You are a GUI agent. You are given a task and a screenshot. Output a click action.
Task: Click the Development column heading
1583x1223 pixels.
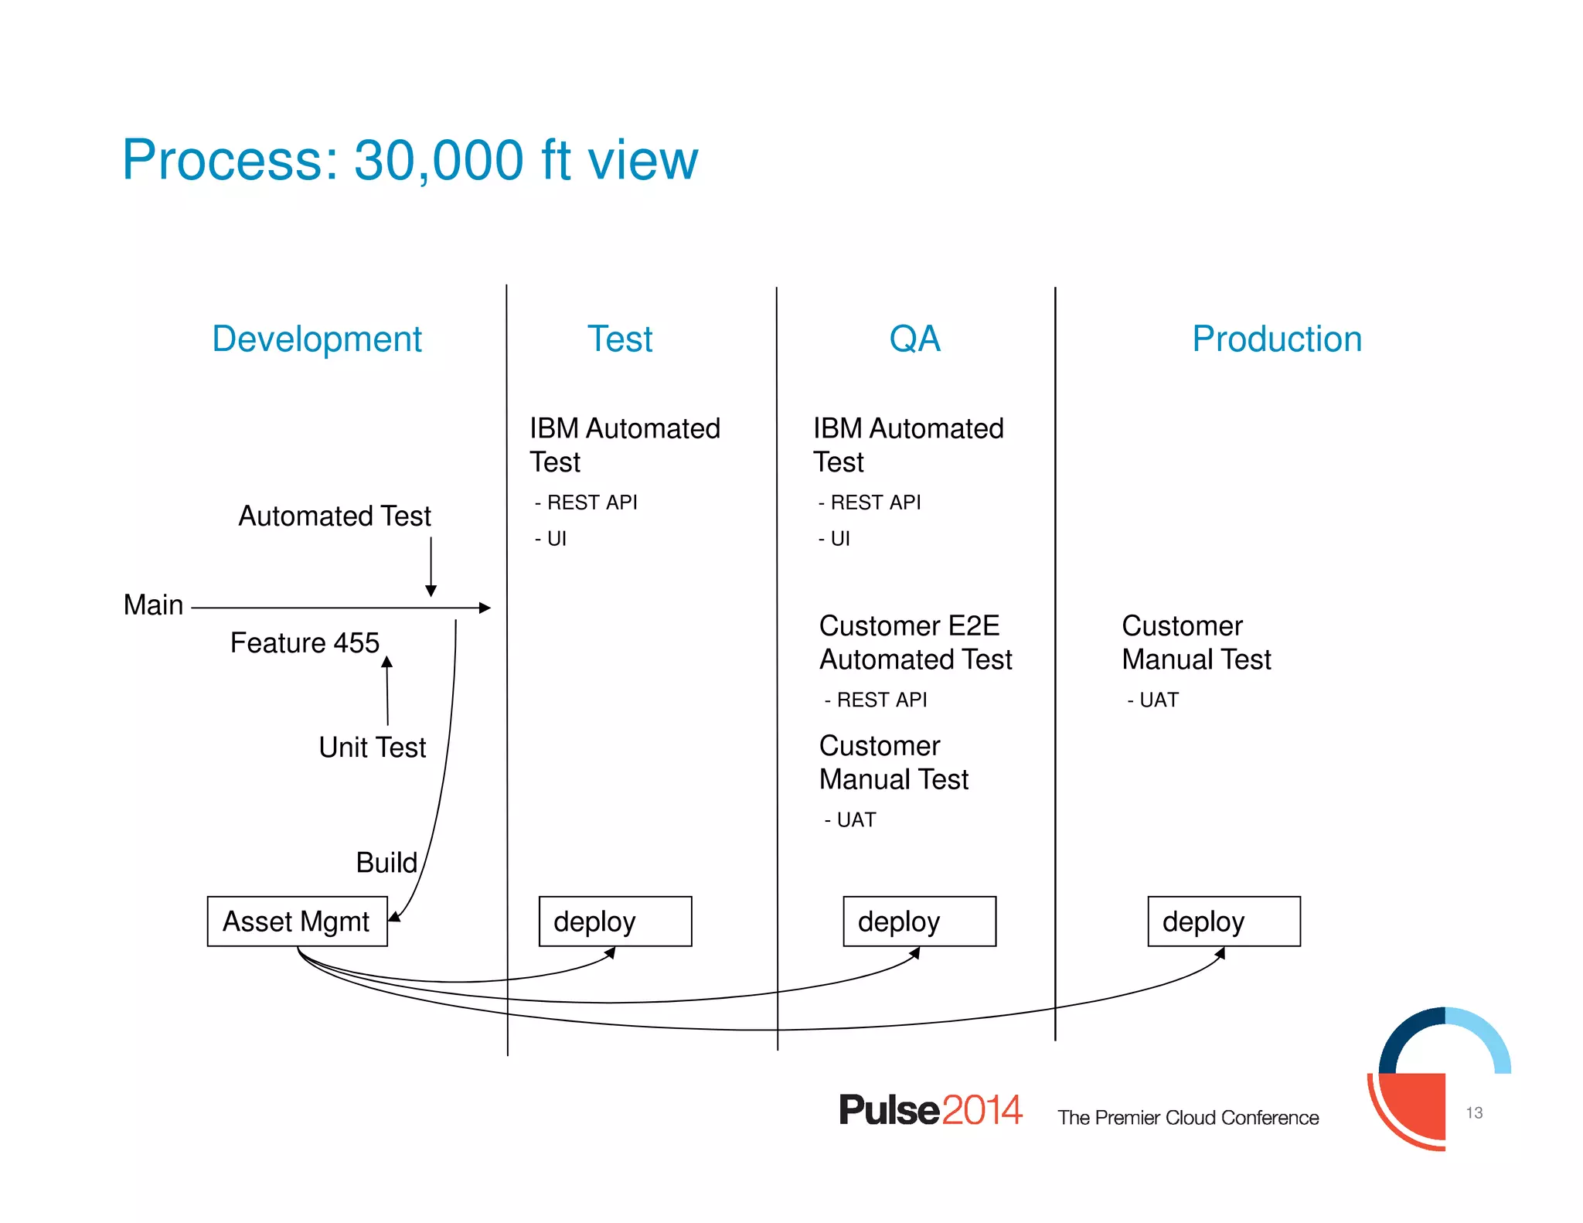click(x=317, y=339)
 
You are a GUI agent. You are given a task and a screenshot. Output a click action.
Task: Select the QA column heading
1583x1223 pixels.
click(x=914, y=339)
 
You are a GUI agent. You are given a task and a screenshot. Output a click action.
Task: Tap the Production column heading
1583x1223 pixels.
click(x=1276, y=339)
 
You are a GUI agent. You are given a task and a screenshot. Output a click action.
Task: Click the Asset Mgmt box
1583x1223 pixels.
click(x=297, y=921)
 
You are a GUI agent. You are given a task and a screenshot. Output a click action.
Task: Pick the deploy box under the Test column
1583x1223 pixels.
click(x=615, y=921)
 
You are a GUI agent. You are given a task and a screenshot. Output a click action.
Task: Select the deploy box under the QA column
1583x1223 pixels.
click(x=919, y=921)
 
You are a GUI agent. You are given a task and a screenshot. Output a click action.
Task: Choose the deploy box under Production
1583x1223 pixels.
click(x=1224, y=921)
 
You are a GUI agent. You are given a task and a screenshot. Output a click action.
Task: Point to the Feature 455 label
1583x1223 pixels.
click(x=305, y=642)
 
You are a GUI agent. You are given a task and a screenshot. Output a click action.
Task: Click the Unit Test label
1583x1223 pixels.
click(x=372, y=747)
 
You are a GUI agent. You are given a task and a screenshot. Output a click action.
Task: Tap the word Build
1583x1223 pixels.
click(x=386, y=862)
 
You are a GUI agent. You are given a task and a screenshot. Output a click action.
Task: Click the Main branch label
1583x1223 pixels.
click(x=153, y=605)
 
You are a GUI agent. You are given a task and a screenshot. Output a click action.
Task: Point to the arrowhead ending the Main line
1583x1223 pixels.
click(x=485, y=608)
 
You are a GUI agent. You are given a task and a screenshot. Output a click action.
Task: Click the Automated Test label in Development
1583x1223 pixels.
click(x=334, y=516)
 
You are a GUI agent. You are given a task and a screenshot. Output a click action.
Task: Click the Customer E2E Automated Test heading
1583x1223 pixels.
click(x=915, y=642)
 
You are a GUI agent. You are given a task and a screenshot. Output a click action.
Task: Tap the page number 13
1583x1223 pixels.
click(x=1474, y=1112)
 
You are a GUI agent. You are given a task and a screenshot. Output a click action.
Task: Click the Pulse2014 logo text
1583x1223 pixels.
click(x=931, y=1110)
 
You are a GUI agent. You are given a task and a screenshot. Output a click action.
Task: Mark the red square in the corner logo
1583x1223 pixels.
click(x=1413, y=1105)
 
